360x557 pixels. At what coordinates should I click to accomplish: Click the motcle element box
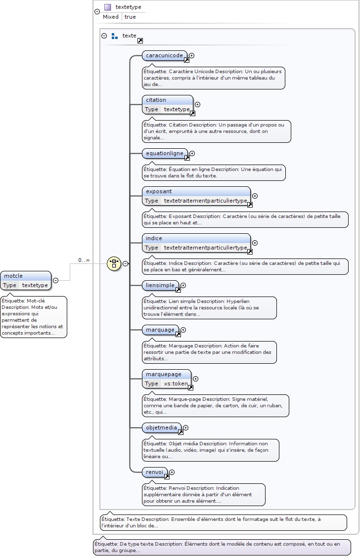(25, 276)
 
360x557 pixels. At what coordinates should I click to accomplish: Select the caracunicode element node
(165, 55)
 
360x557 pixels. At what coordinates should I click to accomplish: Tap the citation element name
(156, 100)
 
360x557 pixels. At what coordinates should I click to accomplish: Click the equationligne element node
(165, 153)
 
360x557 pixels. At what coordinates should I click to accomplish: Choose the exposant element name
(159, 191)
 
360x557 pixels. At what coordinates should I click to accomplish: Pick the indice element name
(154, 238)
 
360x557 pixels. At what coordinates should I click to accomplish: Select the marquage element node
(160, 330)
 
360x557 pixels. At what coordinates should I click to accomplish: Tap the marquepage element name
(164, 374)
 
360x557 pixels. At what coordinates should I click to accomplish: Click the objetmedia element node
(161, 428)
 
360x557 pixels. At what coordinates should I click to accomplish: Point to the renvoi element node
(155, 472)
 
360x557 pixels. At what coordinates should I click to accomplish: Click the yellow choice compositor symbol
(114, 263)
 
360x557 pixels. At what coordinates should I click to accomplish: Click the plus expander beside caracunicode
(192, 56)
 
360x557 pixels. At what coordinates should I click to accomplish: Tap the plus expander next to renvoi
(172, 472)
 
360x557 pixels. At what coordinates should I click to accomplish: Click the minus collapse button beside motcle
(55, 280)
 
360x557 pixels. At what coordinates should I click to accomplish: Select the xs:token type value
(176, 384)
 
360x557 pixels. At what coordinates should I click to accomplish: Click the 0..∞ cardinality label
(84, 260)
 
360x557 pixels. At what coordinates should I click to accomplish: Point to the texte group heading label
(129, 36)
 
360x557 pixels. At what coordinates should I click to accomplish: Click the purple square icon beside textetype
(107, 7)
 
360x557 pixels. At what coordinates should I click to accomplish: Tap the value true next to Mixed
(130, 17)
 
